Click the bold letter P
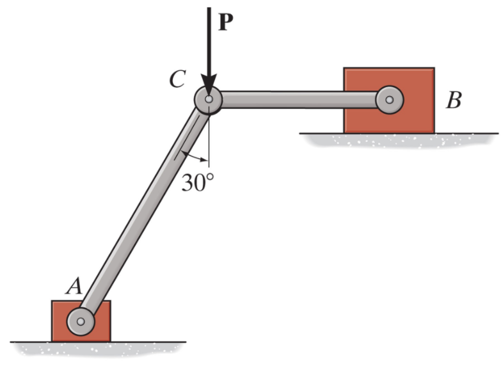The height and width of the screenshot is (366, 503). [226, 21]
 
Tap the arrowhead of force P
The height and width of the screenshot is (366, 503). [209, 84]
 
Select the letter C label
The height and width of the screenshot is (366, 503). [177, 79]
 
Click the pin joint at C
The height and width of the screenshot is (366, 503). [209, 100]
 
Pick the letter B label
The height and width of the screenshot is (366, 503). [454, 100]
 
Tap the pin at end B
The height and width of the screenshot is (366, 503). [389, 100]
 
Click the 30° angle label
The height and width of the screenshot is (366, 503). [197, 183]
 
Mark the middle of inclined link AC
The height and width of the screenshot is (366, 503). [145, 210]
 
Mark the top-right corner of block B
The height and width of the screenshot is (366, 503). [434, 68]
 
